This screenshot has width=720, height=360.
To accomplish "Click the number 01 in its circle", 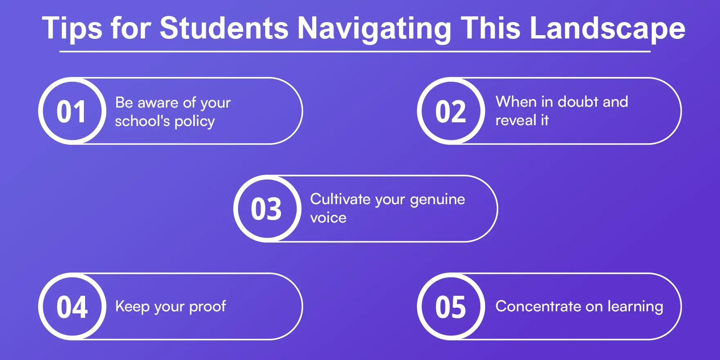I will (72, 111).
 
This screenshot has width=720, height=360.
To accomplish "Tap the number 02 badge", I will (451, 111).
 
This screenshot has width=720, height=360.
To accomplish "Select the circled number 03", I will (266, 209).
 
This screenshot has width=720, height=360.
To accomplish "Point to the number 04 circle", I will (72, 307).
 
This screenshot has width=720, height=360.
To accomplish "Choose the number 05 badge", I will (451, 307).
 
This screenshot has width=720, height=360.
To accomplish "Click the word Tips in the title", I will (72, 29).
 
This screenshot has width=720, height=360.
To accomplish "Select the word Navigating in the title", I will (374, 29).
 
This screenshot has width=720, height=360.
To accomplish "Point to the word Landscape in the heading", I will (607, 29).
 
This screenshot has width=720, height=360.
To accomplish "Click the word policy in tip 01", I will (195, 122).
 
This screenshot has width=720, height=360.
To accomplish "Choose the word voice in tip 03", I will (328, 218).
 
